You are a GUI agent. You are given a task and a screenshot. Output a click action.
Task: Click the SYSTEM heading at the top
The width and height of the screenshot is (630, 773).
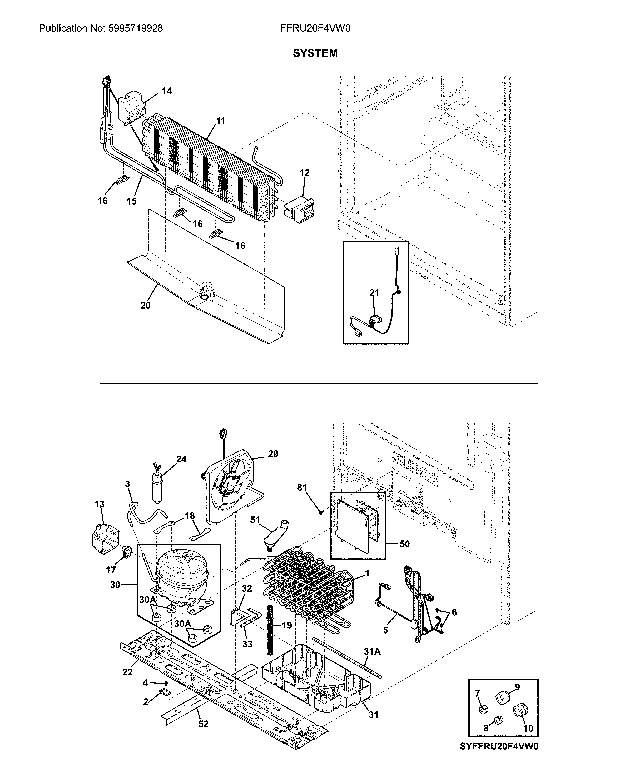click(315, 53)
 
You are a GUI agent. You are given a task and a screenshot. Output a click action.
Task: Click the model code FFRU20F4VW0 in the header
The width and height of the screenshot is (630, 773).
click(315, 28)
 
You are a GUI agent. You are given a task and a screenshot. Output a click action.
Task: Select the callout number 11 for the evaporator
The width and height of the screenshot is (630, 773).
click(221, 121)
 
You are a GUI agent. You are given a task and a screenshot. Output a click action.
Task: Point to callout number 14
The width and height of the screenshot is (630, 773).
click(167, 91)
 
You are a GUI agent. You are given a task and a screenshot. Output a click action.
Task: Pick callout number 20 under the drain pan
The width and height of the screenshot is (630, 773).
click(145, 305)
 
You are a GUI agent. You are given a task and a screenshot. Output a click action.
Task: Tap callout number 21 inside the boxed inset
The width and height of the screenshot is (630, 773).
click(374, 292)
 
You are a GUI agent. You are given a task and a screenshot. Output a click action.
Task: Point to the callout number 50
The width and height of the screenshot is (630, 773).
click(405, 544)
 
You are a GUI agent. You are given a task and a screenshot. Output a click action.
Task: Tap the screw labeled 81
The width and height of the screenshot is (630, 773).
click(321, 512)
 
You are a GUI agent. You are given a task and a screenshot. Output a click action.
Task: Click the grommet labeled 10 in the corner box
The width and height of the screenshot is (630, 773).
click(520, 711)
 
